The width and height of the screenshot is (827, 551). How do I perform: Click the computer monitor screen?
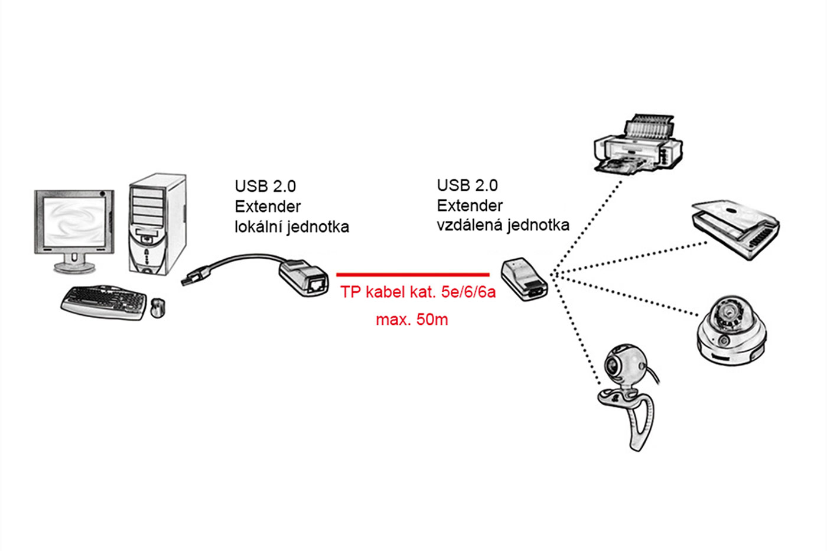pyautogui.click(x=74, y=221)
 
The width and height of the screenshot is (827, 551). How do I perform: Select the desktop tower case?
pyautogui.click(x=158, y=224)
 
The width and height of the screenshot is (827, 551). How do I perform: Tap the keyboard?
pyautogui.click(x=104, y=302)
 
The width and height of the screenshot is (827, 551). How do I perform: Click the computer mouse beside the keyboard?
pyautogui.click(x=158, y=308)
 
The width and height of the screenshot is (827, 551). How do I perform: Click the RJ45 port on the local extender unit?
pyautogui.click(x=317, y=285)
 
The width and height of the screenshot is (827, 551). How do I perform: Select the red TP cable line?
pyautogui.click(x=413, y=275)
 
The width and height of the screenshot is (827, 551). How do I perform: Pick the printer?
pyautogui.click(x=639, y=144)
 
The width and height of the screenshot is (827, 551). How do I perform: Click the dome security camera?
pyautogui.click(x=732, y=330)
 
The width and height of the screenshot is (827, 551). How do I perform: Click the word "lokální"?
pyautogui.click(x=258, y=227)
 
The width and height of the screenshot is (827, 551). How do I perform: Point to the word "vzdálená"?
pyautogui.click(x=469, y=225)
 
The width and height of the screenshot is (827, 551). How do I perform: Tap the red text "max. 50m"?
pyautogui.click(x=412, y=319)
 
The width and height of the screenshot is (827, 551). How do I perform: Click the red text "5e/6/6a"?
pyautogui.click(x=468, y=292)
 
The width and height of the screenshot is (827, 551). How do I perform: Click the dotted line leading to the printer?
pyautogui.click(x=585, y=227)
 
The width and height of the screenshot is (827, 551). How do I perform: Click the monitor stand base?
pyautogui.click(x=74, y=267)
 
